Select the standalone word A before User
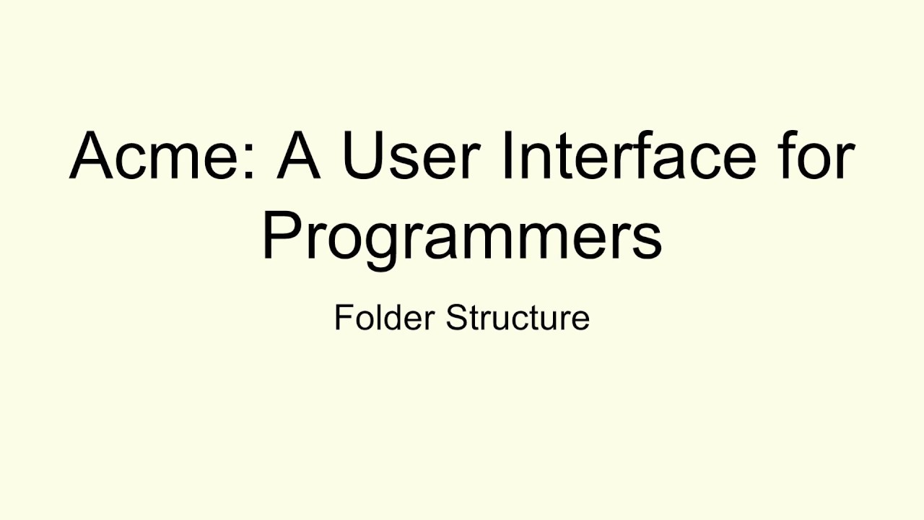point(297,155)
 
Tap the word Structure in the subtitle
point(518,318)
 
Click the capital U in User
point(364,155)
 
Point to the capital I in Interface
point(506,155)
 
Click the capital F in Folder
point(343,318)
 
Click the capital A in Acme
point(94,155)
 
